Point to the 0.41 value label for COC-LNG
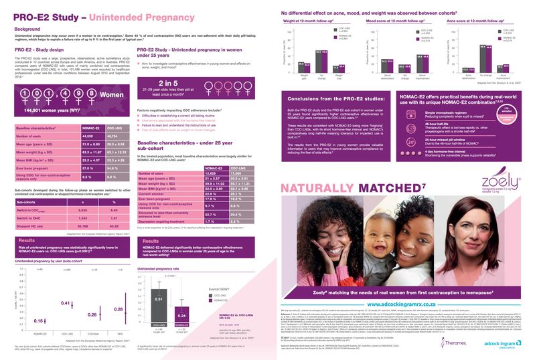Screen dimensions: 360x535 tap(66, 285)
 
